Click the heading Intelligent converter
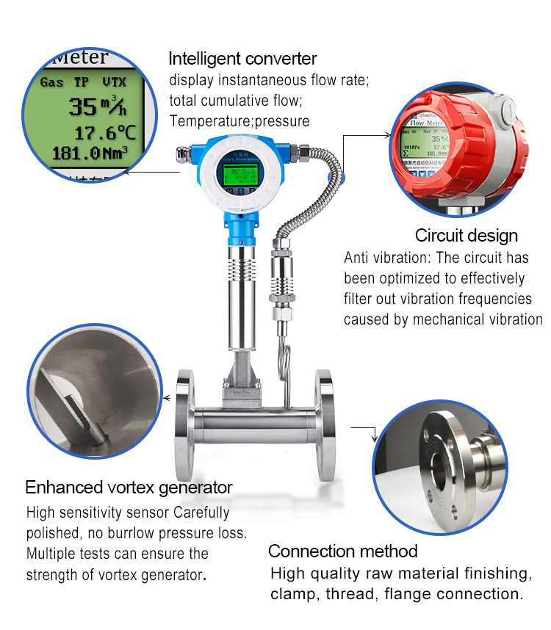click(242, 59)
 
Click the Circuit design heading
click(466, 236)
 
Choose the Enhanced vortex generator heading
click(129, 488)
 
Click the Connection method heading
click(342, 551)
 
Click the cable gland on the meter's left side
click(185, 154)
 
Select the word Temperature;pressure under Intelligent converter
click(240, 121)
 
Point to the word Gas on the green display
click(51, 82)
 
